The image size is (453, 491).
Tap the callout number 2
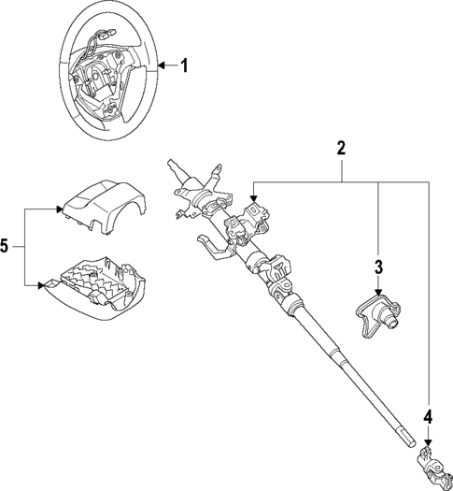click(x=342, y=147)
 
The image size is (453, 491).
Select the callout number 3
click(x=378, y=267)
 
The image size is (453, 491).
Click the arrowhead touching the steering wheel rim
click(x=161, y=65)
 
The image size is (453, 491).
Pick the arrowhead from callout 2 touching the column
click(x=255, y=198)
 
